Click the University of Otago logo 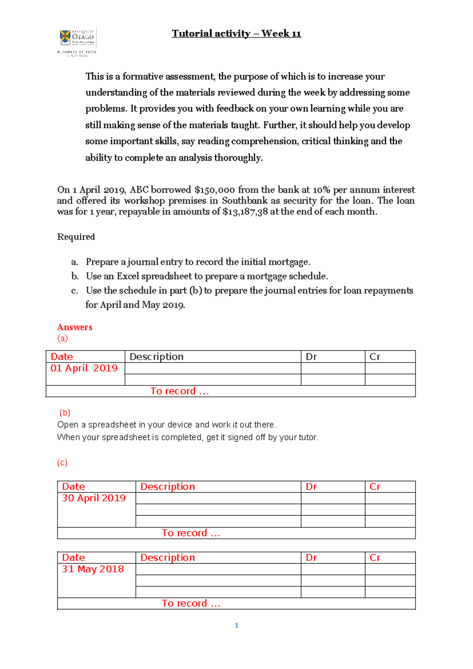[x=77, y=42]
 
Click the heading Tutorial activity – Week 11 [x=236, y=34]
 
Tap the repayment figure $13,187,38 [x=245, y=212]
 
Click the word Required [x=76, y=237]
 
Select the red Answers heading [x=74, y=327]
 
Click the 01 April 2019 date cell [x=84, y=368]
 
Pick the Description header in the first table [x=156, y=357]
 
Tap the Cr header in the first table [x=375, y=357]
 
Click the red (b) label [x=65, y=413]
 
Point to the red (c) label [x=62, y=462]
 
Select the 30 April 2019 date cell [x=93, y=498]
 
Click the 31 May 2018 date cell [x=93, y=569]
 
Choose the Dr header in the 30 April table [x=311, y=487]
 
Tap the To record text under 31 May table [x=191, y=604]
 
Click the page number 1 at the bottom [x=236, y=625]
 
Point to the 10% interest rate [x=321, y=190]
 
